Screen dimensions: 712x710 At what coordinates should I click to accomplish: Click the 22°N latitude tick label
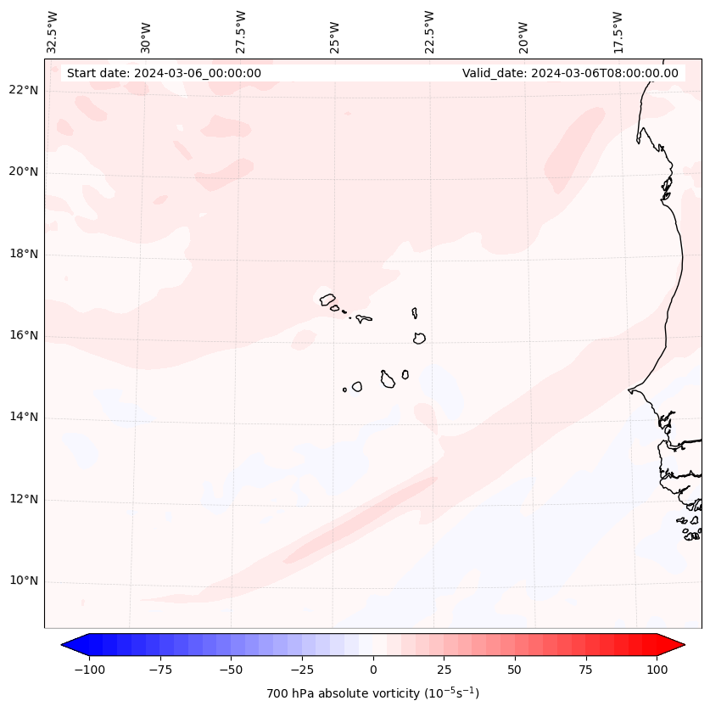[24, 91]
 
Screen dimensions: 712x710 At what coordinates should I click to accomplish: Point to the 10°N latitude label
[24, 581]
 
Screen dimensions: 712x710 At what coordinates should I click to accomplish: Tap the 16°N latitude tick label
[24, 336]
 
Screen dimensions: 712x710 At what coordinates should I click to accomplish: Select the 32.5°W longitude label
[53, 31]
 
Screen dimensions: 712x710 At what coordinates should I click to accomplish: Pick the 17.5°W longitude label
[618, 31]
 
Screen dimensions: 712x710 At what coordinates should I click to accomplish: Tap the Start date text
[164, 73]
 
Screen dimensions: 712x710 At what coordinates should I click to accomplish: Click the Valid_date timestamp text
[570, 73]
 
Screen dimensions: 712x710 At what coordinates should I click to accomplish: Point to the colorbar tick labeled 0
[373, 669]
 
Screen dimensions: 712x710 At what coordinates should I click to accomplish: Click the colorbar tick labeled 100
[656, 669]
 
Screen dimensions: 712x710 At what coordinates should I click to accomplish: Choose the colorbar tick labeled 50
[514, 669]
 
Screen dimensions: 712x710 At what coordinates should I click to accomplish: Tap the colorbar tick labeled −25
[302, 669]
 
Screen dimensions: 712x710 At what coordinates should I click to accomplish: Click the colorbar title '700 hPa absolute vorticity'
[372, 693]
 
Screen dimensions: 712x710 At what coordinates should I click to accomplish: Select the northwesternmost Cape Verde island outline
[327, 300]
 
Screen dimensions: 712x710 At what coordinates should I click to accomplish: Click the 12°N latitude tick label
[24, 500]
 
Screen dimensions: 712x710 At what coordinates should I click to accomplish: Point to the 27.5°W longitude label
[241, 31]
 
